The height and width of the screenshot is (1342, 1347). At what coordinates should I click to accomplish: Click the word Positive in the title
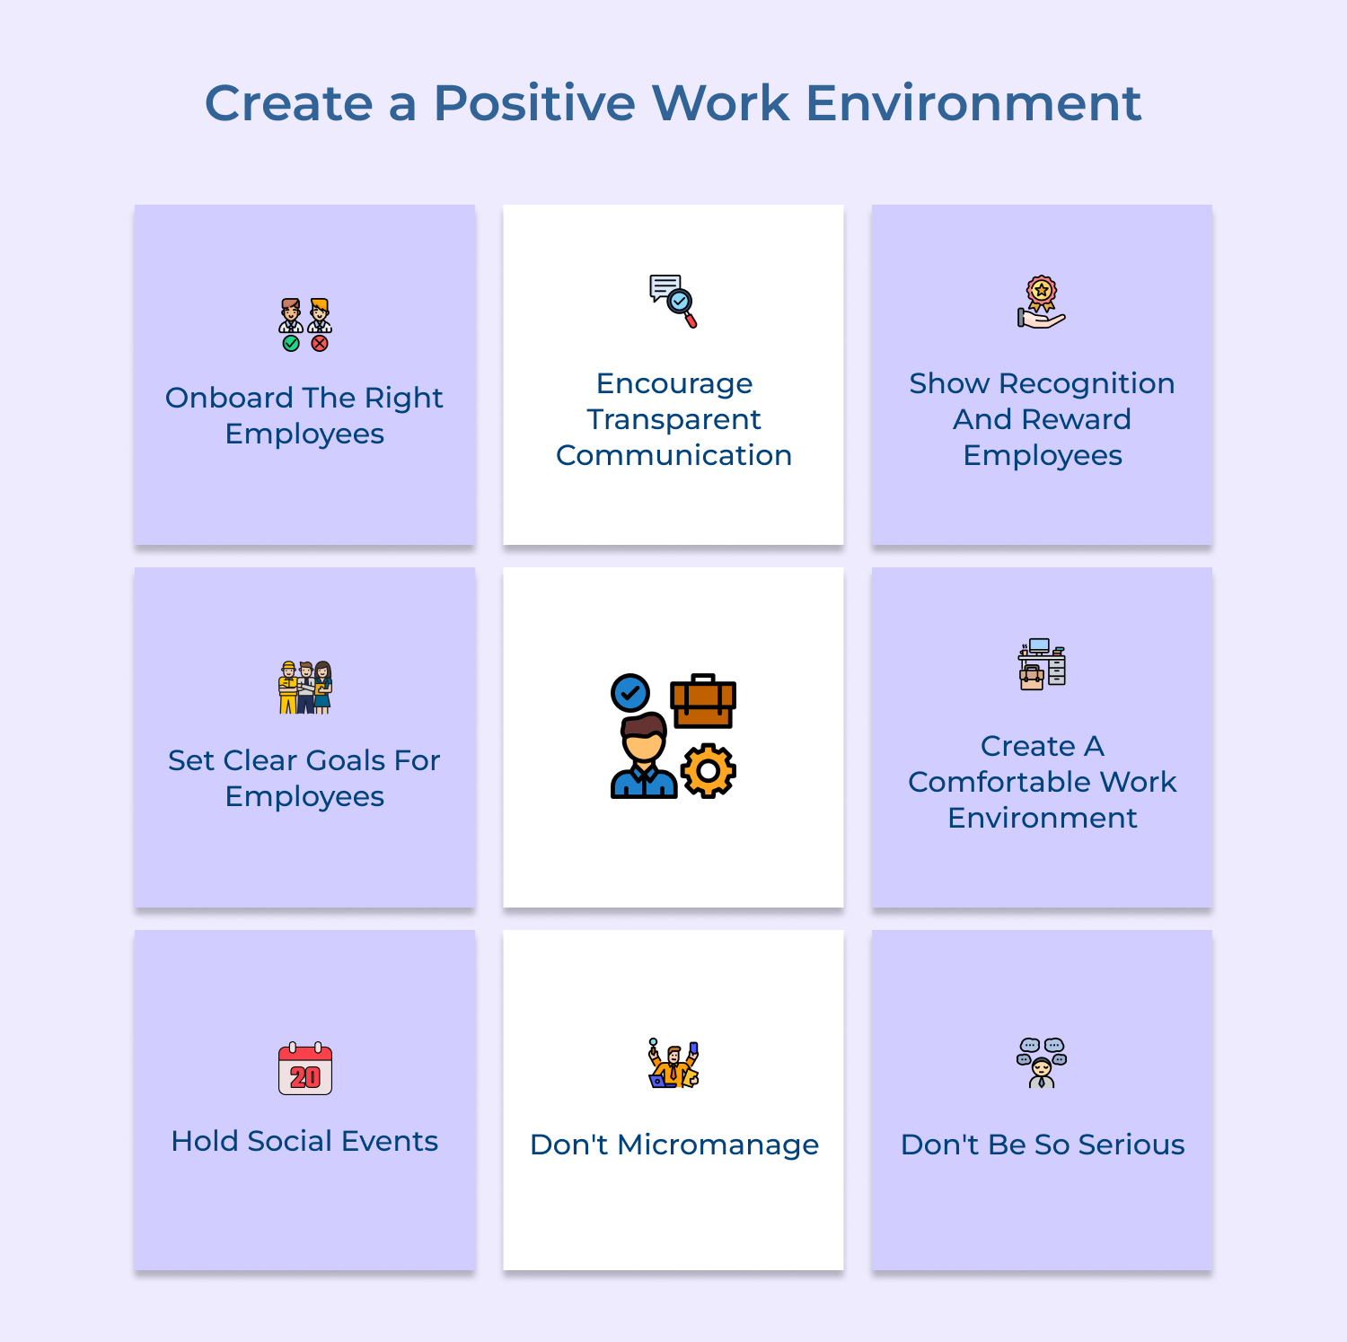[x=535, y=103]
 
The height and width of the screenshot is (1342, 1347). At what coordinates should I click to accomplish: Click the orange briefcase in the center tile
[x=703, y=701]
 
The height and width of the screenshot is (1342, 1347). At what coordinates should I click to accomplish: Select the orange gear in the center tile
[x=709, y=770]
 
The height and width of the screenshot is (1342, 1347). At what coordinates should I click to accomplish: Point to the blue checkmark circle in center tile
[x=630, y=693]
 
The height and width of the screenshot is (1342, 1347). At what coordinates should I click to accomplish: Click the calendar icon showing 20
[x=305, y=1069]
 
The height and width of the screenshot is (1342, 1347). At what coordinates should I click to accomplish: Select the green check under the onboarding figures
[x=291, y=343]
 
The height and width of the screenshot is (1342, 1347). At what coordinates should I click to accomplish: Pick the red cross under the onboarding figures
[x=320, y=343]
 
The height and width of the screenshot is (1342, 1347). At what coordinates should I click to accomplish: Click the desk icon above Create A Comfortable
[x=1042, y=664]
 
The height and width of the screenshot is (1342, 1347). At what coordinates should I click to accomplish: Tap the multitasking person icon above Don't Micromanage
[x=673, y=1065]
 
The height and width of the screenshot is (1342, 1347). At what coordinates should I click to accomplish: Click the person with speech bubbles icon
[x=1042, y=1063]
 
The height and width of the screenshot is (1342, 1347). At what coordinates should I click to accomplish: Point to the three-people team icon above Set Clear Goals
[x=305, y=688]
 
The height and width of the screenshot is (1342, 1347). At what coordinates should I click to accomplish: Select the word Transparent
[x=673, y=419]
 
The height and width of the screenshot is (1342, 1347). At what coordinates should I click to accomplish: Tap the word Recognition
[x=1087, y=383]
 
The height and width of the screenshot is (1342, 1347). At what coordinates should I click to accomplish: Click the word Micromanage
[x=718, y=1145]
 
